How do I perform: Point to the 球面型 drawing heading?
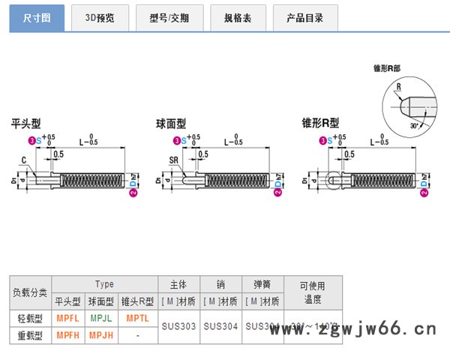[x=170, y=124]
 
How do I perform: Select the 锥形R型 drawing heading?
[x=320, y=124]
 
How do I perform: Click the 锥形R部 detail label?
[x=387, y=68]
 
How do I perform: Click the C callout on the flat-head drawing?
[x=23, y=160]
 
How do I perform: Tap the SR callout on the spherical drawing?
[x=173, y=160]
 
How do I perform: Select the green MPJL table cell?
[x=101, y=318]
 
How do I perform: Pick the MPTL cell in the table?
[x=137, y=318]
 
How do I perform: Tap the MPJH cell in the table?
[x=101, y=335]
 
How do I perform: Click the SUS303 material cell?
[x=178, y=326]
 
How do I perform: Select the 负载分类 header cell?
[x=30, y=292]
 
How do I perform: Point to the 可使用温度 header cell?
[x=313, y=292]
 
